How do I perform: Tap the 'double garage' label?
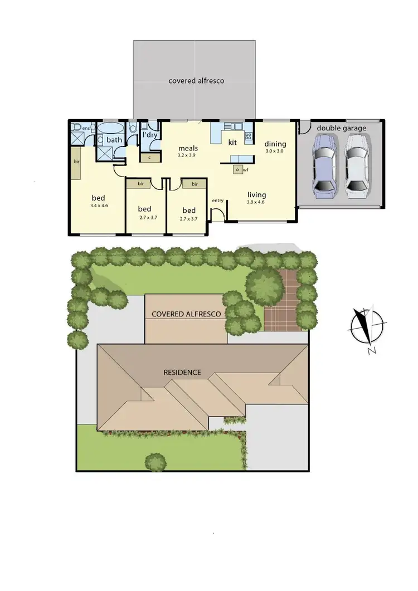pos(342,128)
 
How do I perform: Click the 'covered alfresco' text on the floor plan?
pos(196,81)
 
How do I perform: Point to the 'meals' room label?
pos(188,149)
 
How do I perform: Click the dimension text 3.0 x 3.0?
pos(275,151)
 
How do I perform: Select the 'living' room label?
pos(257,194)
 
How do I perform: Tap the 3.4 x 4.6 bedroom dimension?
pos(98,206)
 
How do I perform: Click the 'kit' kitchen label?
pos(233,143)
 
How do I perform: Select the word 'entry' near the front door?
pos(217,200)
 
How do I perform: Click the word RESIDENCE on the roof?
pos(182,372)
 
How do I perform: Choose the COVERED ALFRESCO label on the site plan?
pos(186,314)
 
